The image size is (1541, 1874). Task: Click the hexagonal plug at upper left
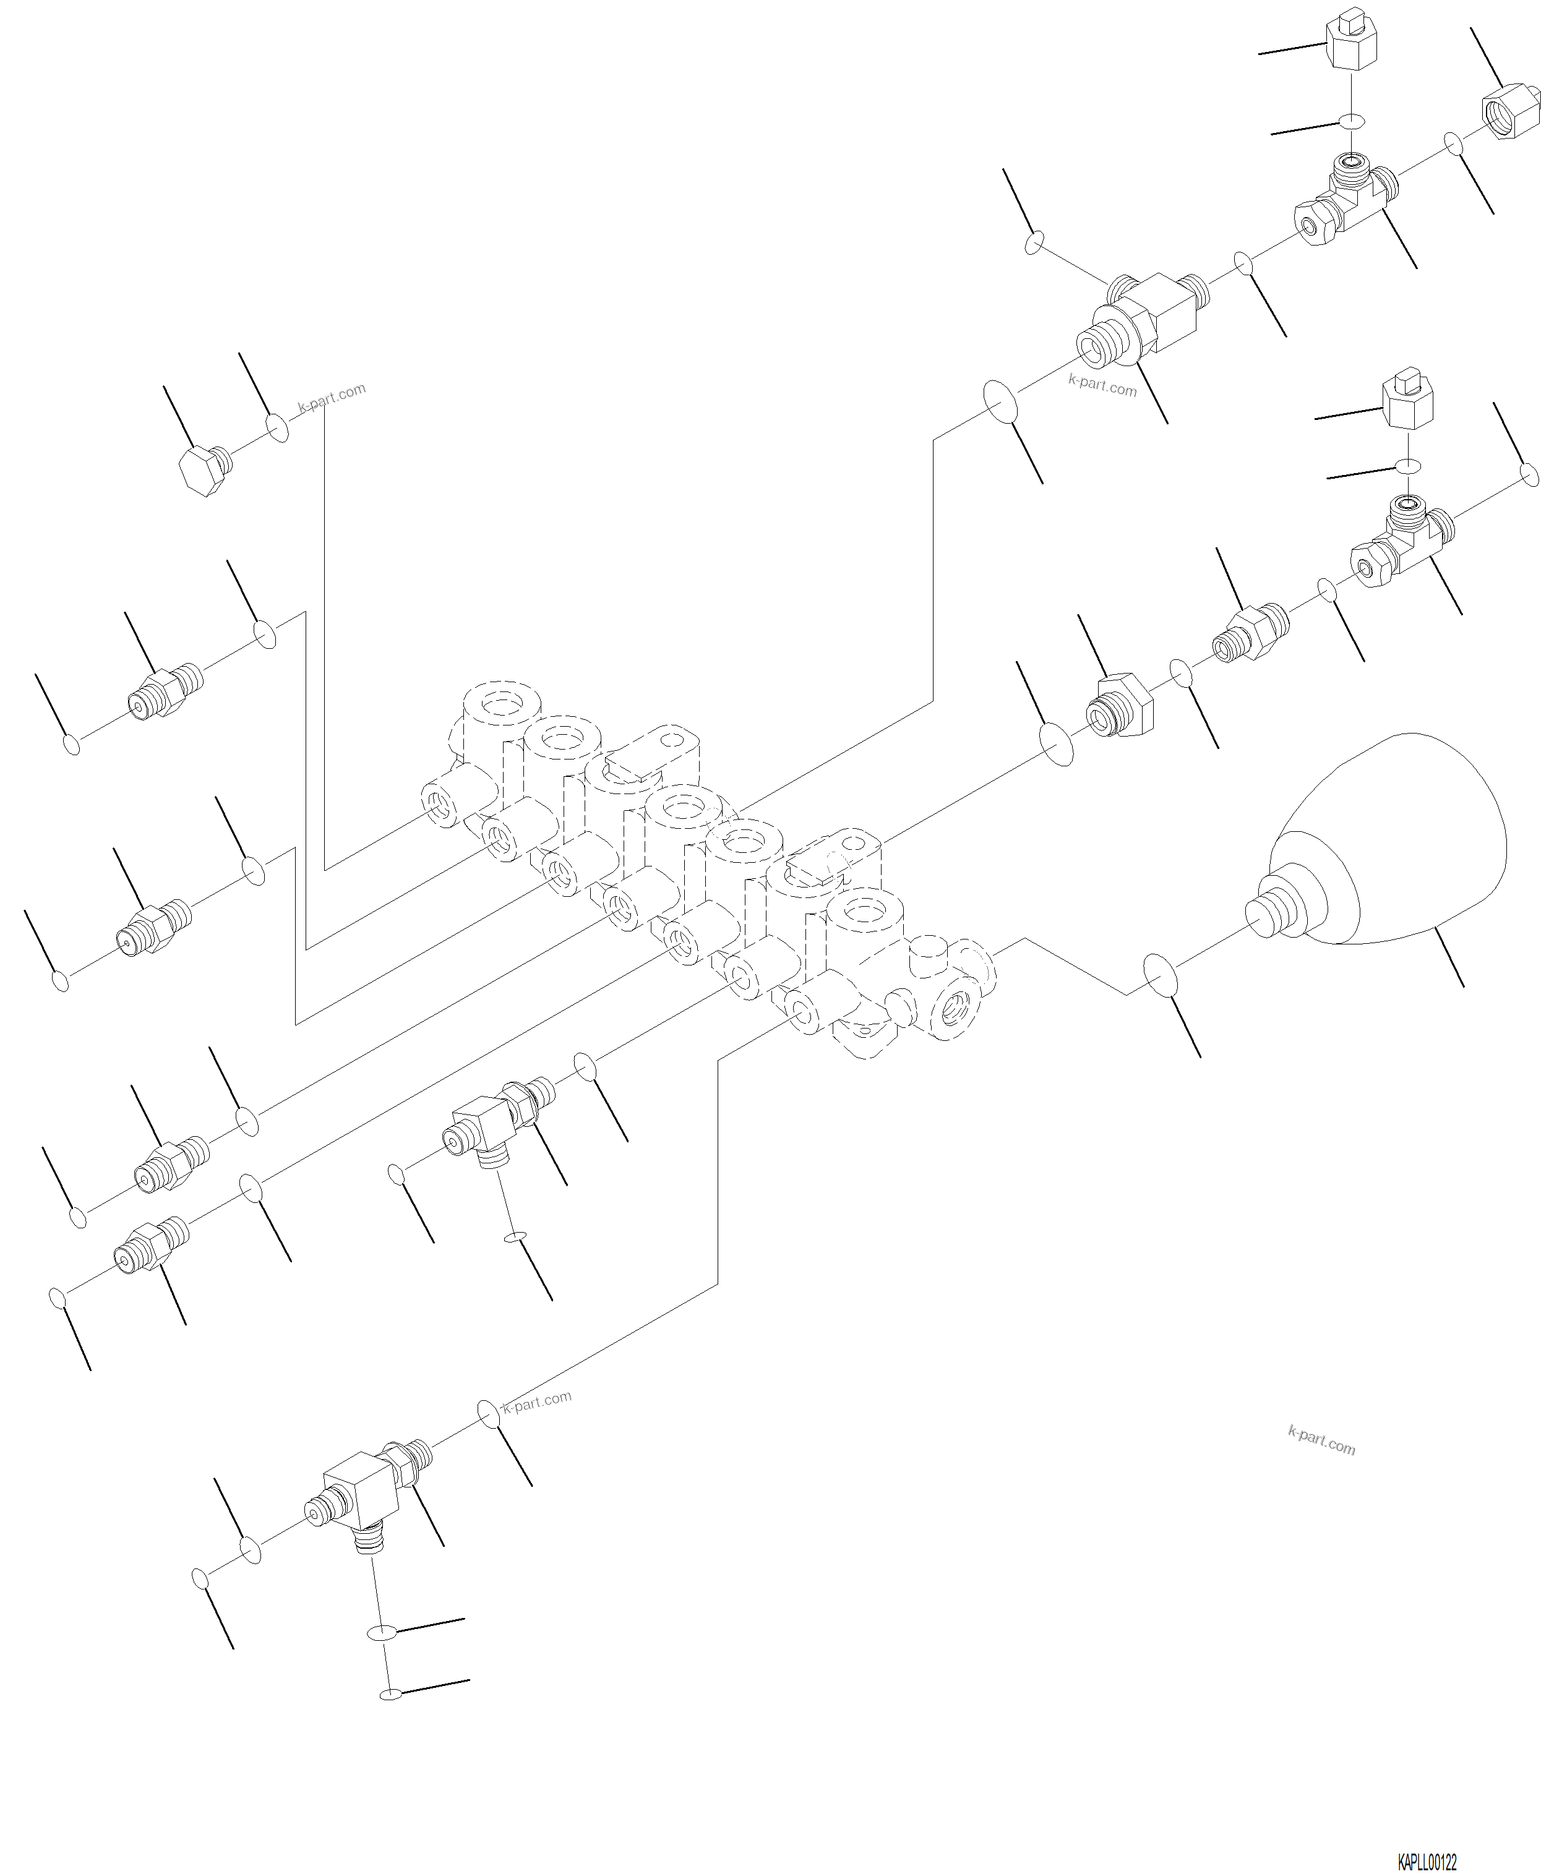tap(204, 469)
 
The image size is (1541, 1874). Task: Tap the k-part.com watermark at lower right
tap(1321, 1442)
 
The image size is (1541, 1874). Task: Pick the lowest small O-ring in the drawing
tap(390, 1695)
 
